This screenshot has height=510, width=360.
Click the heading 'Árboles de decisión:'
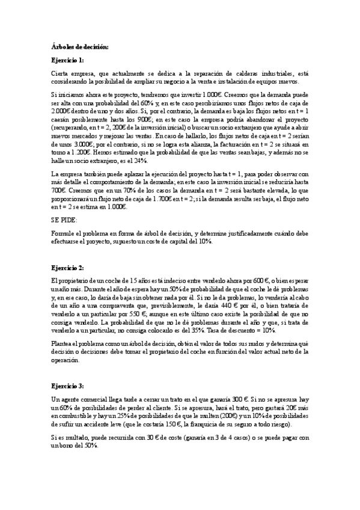[79, 47]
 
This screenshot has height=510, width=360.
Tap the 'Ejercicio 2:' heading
[67, 267]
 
